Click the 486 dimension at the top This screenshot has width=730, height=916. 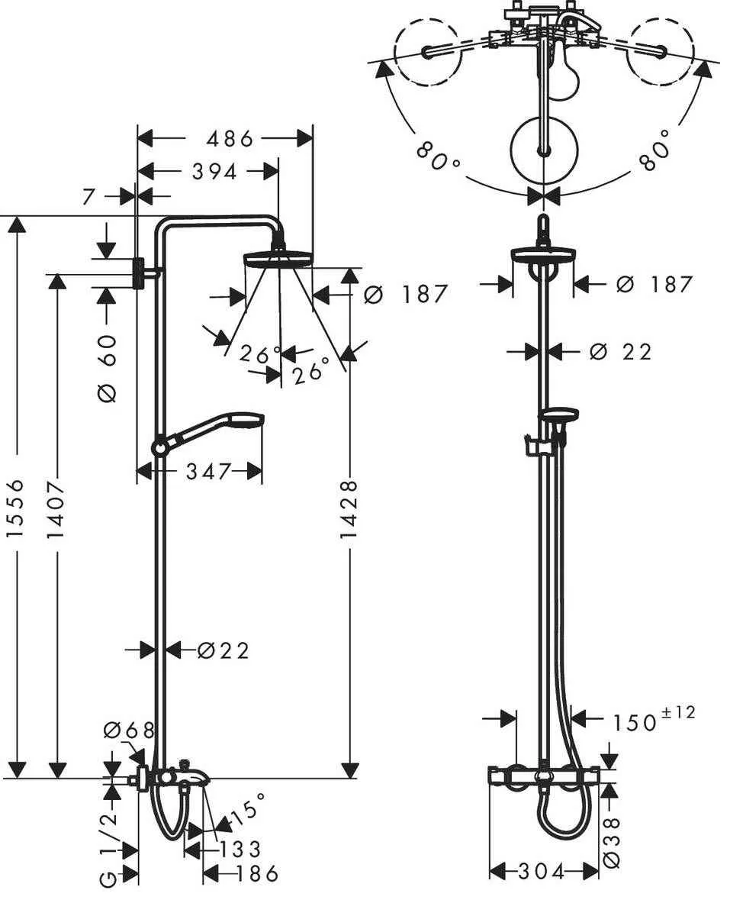224,139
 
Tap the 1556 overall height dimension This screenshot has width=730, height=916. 16,508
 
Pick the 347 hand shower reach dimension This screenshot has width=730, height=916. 208,472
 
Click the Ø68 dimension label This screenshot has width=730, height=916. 128,731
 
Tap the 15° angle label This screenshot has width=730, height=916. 249,809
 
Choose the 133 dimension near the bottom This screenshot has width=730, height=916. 240,849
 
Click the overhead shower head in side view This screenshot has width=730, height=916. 278,258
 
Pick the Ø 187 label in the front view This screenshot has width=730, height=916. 654,285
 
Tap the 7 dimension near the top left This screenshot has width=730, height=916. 89,196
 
